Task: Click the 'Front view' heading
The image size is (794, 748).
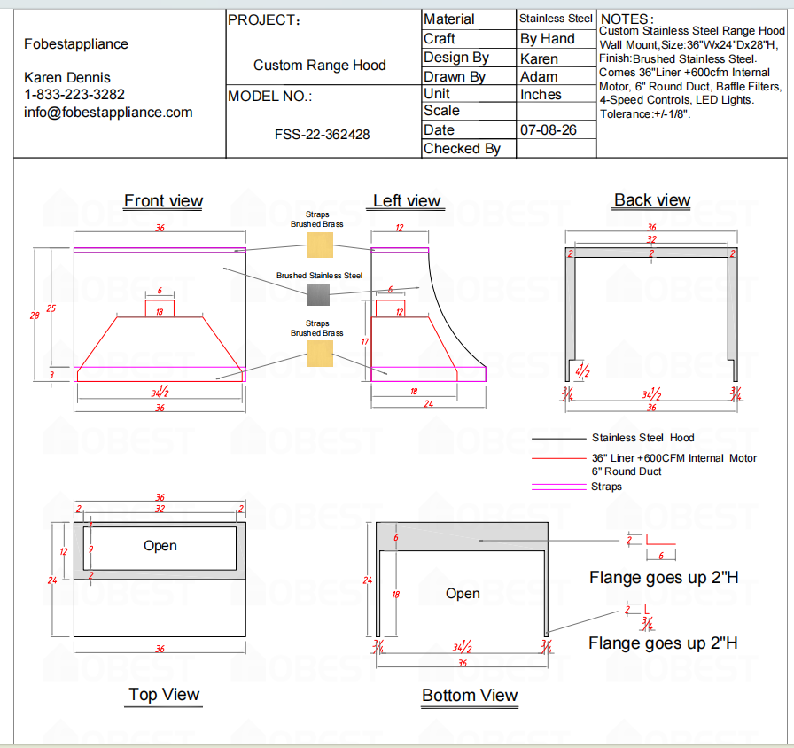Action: pos(164,201)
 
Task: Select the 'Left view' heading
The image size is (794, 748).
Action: pos(407,201)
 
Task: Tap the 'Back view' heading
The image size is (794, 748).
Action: pos(652,200)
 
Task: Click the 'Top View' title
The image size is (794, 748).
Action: pos(164,694)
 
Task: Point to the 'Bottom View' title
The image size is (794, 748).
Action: pos(470,696)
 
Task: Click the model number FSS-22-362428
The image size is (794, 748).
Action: pos(322,135)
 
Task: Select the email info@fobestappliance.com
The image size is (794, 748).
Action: pos(108,113)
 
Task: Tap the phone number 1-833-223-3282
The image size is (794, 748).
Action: pos(74,95)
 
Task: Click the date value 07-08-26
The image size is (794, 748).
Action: pos(549,130)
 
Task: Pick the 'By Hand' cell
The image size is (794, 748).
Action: pos(548,39)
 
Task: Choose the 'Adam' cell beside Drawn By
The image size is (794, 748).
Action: pos(539,77)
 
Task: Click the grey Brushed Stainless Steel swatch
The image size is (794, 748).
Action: pos(318,295)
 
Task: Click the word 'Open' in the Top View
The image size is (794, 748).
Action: pos(160,546)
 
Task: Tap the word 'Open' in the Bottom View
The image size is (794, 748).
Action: pos(463,594)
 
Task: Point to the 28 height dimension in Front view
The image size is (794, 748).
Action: pos(35,316)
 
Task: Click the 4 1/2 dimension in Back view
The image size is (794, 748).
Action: pos(582,370)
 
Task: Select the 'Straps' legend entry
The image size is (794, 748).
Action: pos(606,487)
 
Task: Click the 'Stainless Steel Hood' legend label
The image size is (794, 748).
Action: pos(643,438)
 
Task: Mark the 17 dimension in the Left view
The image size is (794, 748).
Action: pos(364,342)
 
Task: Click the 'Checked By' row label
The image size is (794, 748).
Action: pos(462,149)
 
